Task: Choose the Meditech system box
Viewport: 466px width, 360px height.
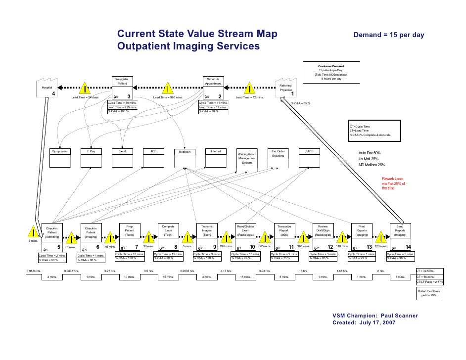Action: coord(184,158)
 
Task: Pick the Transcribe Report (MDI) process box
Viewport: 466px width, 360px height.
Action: coord(284,232)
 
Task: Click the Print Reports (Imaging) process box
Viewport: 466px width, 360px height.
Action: coord(361,232)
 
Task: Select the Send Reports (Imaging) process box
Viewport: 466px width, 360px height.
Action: coord(400,232)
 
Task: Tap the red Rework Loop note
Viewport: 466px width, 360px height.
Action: coord(393,183)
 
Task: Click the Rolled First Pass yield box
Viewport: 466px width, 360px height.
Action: coord(430,294)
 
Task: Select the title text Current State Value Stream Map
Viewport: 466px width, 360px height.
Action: coord(197,35)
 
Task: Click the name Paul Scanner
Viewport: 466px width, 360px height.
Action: coord(401,315)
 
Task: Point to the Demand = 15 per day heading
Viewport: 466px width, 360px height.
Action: coord(388,36)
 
